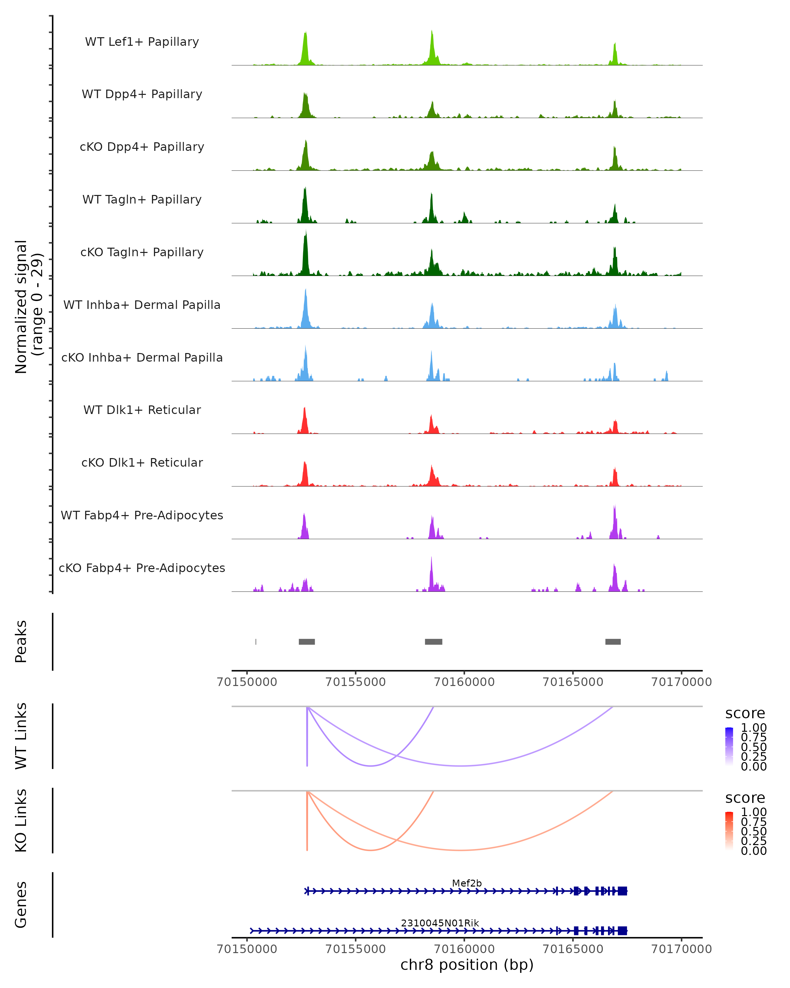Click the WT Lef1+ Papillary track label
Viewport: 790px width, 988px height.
[142, 42]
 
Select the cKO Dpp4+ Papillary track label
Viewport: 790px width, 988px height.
[142, 147]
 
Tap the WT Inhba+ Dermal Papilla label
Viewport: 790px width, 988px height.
[142, 305]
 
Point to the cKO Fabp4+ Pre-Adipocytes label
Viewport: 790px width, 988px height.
[142, 568]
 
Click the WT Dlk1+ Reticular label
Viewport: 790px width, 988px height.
[142, 410]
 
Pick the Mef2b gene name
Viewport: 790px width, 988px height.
[467, 883]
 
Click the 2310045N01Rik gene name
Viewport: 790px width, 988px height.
[440, 923]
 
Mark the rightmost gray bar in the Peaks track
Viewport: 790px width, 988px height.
[613, 642]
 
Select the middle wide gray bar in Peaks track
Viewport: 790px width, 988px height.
[433, 642]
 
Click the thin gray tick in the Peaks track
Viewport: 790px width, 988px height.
[255, 642]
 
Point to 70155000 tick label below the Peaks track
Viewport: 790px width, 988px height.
[355, 682]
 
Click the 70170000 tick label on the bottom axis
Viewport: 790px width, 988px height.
[681, 949]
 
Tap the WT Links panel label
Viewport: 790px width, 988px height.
[21, 736]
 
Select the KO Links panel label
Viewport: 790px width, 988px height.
[21, 820]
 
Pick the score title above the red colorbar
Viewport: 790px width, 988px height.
[745, 798]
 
